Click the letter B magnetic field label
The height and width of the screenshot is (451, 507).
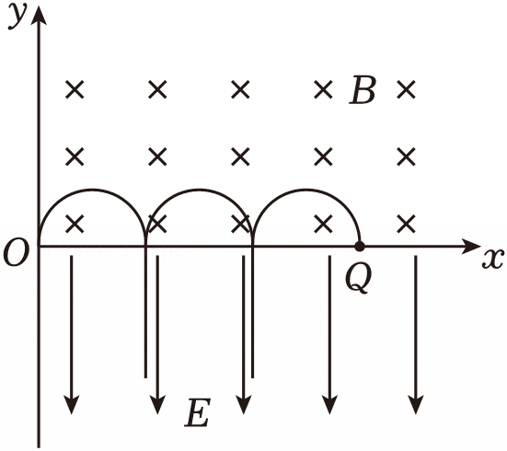click(x=363, y=90)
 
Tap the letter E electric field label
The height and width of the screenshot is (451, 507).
click(x=198, y=412)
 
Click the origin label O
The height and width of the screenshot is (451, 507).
click(x=17, y=253)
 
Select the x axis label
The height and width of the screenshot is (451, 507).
click(x=493, y=258)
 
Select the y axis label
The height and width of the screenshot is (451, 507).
click(x=17, y=17)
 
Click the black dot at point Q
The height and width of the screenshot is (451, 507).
click(x=360, y=247)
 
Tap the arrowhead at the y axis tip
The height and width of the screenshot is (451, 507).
click(x=39, y=15)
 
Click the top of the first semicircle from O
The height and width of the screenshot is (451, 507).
click(x=92, y=190)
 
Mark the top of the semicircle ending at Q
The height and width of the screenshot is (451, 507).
click(x=305, y=190)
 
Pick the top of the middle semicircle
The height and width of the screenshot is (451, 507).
click(x=199, y=190)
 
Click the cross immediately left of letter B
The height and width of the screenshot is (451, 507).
click(x=323, y=89)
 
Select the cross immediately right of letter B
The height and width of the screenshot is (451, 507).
click(x=406, y=89)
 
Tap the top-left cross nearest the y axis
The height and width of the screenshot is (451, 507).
click(x=75, y=89)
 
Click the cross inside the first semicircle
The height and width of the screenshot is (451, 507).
click(x=75, y=224)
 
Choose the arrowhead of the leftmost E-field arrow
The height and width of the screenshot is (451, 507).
click(x=72, y=404)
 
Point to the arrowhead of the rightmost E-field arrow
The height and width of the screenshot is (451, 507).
click(x=416, y=404)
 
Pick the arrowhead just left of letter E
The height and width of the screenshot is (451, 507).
click(x=157, y=404)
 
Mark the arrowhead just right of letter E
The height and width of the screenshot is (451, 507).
click(x=244, y=404)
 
